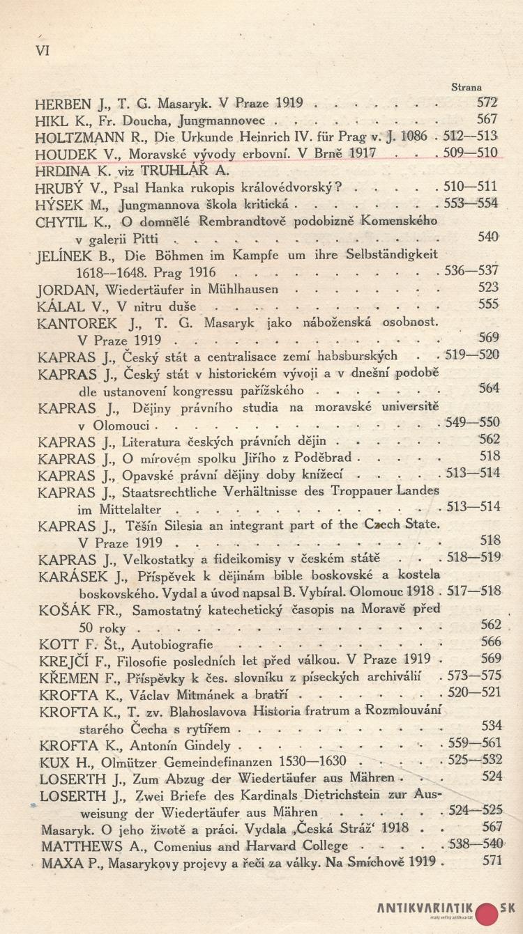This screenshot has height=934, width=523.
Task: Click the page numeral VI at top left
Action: point(42,51)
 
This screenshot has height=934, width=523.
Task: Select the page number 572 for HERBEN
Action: point(487,103)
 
